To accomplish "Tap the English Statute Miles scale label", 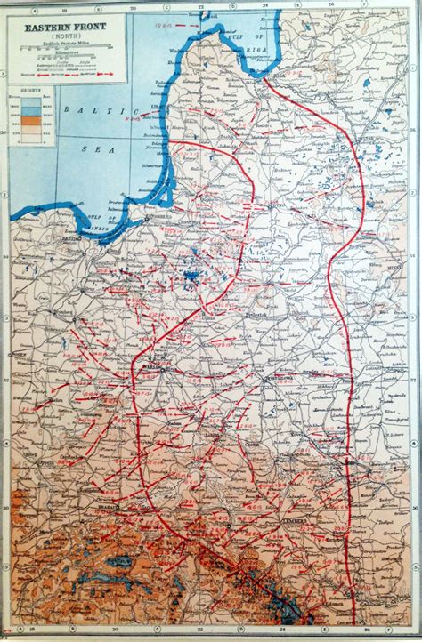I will click(57, 47).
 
